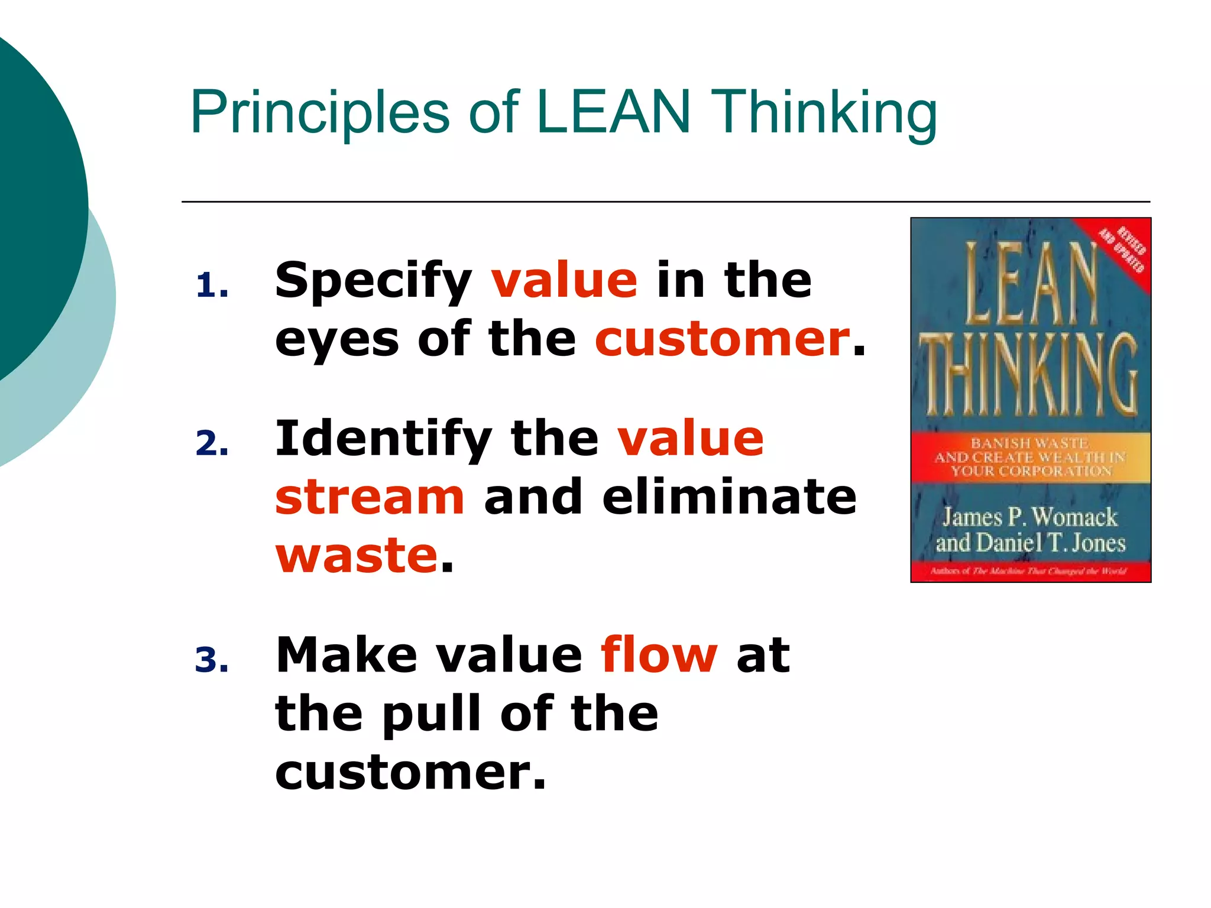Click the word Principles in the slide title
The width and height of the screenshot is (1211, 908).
[320, 112]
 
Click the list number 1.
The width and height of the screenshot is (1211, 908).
[211, 286]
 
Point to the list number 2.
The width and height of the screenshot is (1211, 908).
[211, 443]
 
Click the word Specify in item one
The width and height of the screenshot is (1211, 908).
[373, 281]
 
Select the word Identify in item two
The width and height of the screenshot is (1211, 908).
[383, 439]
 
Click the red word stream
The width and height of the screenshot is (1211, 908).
[370, 497]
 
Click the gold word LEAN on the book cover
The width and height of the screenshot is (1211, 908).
[1031, 284]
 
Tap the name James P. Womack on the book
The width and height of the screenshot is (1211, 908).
[1029, 517]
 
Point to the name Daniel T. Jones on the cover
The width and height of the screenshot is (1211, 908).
[1050, 543]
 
